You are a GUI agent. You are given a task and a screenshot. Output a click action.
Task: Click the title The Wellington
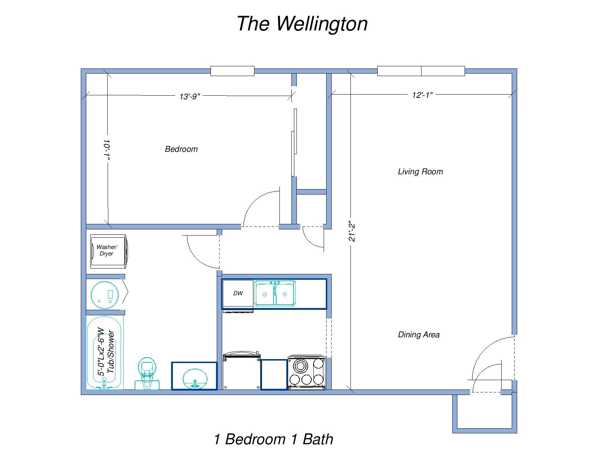[302, 24]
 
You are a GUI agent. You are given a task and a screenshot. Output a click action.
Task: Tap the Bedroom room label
[181, 149]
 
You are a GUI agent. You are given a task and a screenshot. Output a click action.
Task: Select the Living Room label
[420, 171]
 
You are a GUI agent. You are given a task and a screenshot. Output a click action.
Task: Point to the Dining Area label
[419, 334]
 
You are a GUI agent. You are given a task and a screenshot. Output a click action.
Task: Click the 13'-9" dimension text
[190, 96]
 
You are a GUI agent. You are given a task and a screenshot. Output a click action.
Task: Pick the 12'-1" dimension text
[422, 95]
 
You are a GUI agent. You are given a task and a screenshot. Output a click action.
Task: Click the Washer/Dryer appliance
[108, 251]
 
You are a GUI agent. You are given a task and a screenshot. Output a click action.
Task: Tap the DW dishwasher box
[238, 294]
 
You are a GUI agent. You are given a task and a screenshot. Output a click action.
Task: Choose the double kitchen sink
[274, 294]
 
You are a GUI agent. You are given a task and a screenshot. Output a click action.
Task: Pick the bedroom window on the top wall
[232, 71]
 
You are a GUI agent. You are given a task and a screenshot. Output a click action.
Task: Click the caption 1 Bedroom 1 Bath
[273, 439]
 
